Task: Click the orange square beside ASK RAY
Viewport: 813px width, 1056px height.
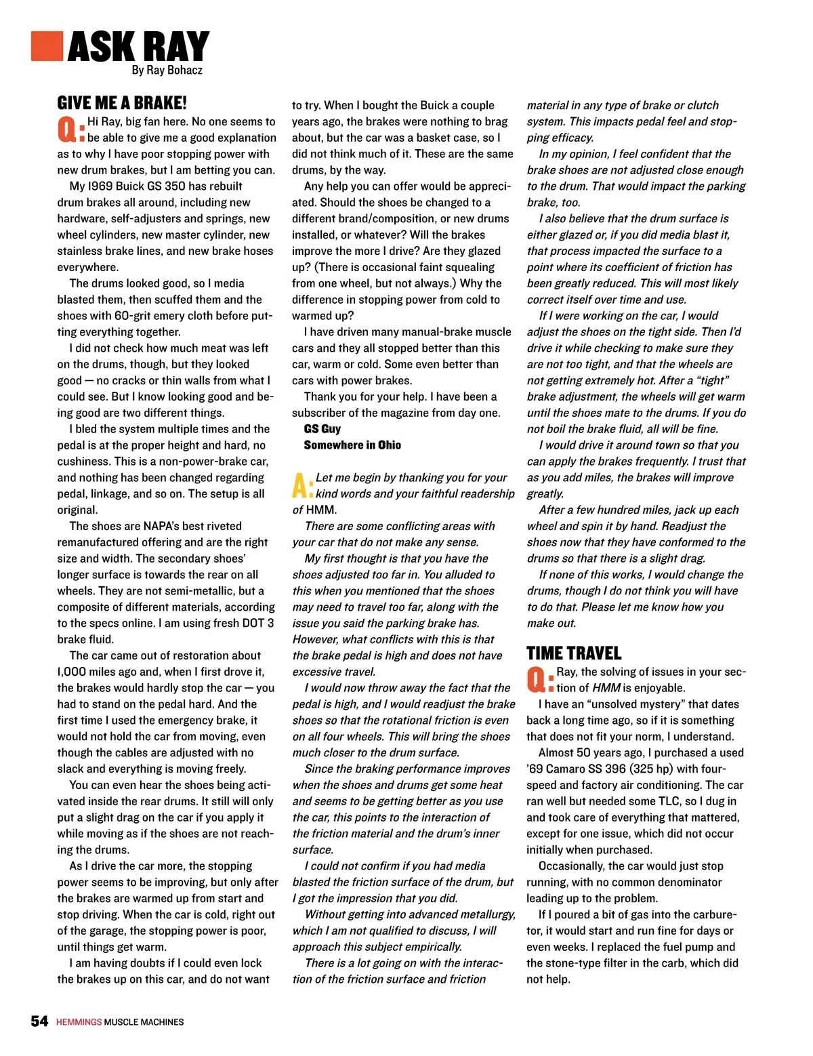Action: tap(47, 45)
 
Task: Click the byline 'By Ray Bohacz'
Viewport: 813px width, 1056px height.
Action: tap(167, 70)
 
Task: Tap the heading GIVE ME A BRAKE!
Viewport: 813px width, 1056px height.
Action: tap(122, 103)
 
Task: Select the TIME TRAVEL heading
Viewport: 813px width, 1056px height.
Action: tap(574, 653)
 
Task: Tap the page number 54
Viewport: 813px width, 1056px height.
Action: tap(39, 1021)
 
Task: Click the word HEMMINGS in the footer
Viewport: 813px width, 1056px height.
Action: tap(79, 1022)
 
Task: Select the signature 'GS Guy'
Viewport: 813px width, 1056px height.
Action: tap(322, 429)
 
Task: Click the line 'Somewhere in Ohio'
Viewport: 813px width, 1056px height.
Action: tap(352, 445)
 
